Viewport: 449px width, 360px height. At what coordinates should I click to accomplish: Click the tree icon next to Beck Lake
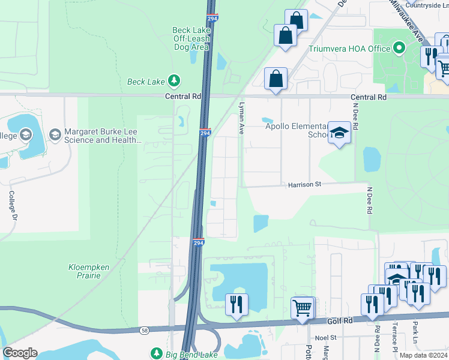point(174,80)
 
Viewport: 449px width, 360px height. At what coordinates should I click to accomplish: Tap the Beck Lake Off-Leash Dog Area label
point(191,38)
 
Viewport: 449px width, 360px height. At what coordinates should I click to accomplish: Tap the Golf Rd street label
point(339,322)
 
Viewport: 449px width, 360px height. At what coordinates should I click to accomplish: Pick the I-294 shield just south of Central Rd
point(204,133)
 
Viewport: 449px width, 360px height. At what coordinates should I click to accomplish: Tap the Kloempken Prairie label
point(83,271)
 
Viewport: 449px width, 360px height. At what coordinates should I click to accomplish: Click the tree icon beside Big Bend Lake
point(156,353)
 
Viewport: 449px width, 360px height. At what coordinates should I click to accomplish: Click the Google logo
point(20,353)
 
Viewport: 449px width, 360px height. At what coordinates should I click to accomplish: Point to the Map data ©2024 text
point(423,355)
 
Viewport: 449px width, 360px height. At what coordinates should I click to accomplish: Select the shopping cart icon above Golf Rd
point(303,308)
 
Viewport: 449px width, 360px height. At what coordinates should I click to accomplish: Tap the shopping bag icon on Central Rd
point(276,79)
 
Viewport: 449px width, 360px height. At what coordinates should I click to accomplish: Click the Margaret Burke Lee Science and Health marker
point(55,133)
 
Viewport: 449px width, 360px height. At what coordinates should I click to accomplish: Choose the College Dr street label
point(11,205)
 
